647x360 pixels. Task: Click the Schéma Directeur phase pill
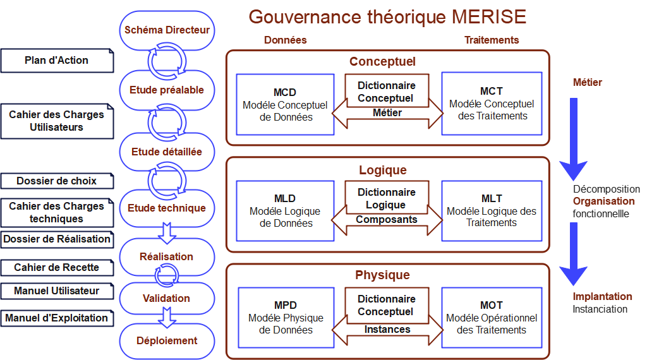click(x=167, y=30)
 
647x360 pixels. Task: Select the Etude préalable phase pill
click(x=167, y=90)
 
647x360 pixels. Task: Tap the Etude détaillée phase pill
click(x=167, y=152)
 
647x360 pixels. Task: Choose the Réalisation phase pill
click(x=167, y=256)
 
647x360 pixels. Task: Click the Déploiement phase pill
click(x=167, y=340)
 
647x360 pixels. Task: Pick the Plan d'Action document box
click(x=57, y=61)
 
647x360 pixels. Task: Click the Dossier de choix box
click(x=57, y=181)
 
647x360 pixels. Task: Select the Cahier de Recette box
click(x=57, y=267)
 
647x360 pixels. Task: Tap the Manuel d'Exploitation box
click(x=57, y=318)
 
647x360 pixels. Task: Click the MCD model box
click(x=285, y=104)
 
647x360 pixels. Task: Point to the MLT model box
click(x=492, y=210)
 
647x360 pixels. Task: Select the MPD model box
click(x=286, y=317)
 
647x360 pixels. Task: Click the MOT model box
click(x=492, y=317)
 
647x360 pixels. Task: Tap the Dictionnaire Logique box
click(x=386, y=198)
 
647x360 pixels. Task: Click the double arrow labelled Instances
click(x=387, y=329)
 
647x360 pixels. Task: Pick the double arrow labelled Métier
click(x=387, y=113)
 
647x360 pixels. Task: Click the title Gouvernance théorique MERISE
click(x=387, y=16)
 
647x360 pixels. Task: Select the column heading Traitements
click(x=492, y=40)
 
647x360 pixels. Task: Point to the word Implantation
click(x=602, y=296)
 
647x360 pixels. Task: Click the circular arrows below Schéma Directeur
click(x=167, y=61)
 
